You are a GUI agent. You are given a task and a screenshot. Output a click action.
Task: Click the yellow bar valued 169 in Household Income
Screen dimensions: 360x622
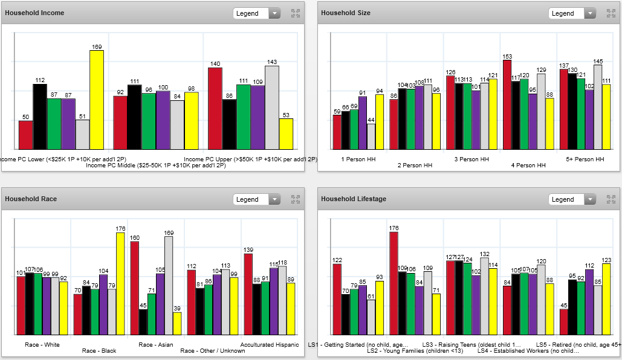tap(97, 100)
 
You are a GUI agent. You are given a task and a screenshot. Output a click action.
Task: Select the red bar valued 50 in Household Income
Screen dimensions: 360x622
tap(25, 135)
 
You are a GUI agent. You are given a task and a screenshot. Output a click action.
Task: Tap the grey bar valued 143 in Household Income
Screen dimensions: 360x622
tap(272, 108)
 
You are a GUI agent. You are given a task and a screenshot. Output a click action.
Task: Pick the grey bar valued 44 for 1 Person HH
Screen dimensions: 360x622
tap(371, 137)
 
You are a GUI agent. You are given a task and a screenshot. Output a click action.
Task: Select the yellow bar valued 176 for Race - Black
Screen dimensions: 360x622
tap(120, 284)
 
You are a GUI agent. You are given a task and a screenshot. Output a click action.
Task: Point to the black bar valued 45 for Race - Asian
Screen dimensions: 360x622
tap(143, 322)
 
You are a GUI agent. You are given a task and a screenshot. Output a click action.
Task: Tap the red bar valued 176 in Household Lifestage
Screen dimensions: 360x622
tap(394, 283)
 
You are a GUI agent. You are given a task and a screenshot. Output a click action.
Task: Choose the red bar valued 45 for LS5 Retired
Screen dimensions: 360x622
tap(563, 322)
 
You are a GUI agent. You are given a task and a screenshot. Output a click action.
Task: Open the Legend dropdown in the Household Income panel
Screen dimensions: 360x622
tap(257, 13)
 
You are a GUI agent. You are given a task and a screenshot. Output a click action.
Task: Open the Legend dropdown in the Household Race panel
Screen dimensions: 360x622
tap(257, 199)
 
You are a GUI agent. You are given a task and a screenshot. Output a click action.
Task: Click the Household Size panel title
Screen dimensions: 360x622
tap(346, 13)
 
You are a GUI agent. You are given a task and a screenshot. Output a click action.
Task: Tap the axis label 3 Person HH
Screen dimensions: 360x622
tap(471, 159)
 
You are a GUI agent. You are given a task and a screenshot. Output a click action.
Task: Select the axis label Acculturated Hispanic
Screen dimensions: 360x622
tap(269, 345)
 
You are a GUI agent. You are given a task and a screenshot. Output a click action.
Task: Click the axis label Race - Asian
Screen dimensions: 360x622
tap(155, 345)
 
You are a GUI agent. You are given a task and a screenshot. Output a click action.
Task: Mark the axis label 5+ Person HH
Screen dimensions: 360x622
tap(585, 159)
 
